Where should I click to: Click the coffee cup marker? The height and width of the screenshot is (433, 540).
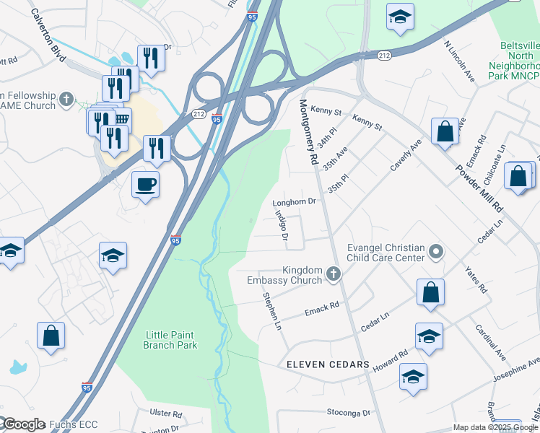pyautogui.click(x=145, y=185)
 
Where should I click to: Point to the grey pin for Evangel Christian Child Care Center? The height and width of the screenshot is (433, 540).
pyautogui.click(x=435, y=252)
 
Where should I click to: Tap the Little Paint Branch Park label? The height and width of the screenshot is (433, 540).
pyautogui.click(x=171, y=340)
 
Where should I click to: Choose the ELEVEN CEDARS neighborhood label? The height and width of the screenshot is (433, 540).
pyautogui.click(x=328, y=365)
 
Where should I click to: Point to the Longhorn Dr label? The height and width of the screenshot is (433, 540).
pyautogui.click(x=295, y=203)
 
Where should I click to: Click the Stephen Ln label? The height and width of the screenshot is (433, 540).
pyautogui.click(x=271, y=312)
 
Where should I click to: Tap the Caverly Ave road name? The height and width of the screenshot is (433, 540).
pyautogui.click(x=406, y=156)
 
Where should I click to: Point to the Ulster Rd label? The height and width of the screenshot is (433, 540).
pyautogui.click(x=165, y=414)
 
